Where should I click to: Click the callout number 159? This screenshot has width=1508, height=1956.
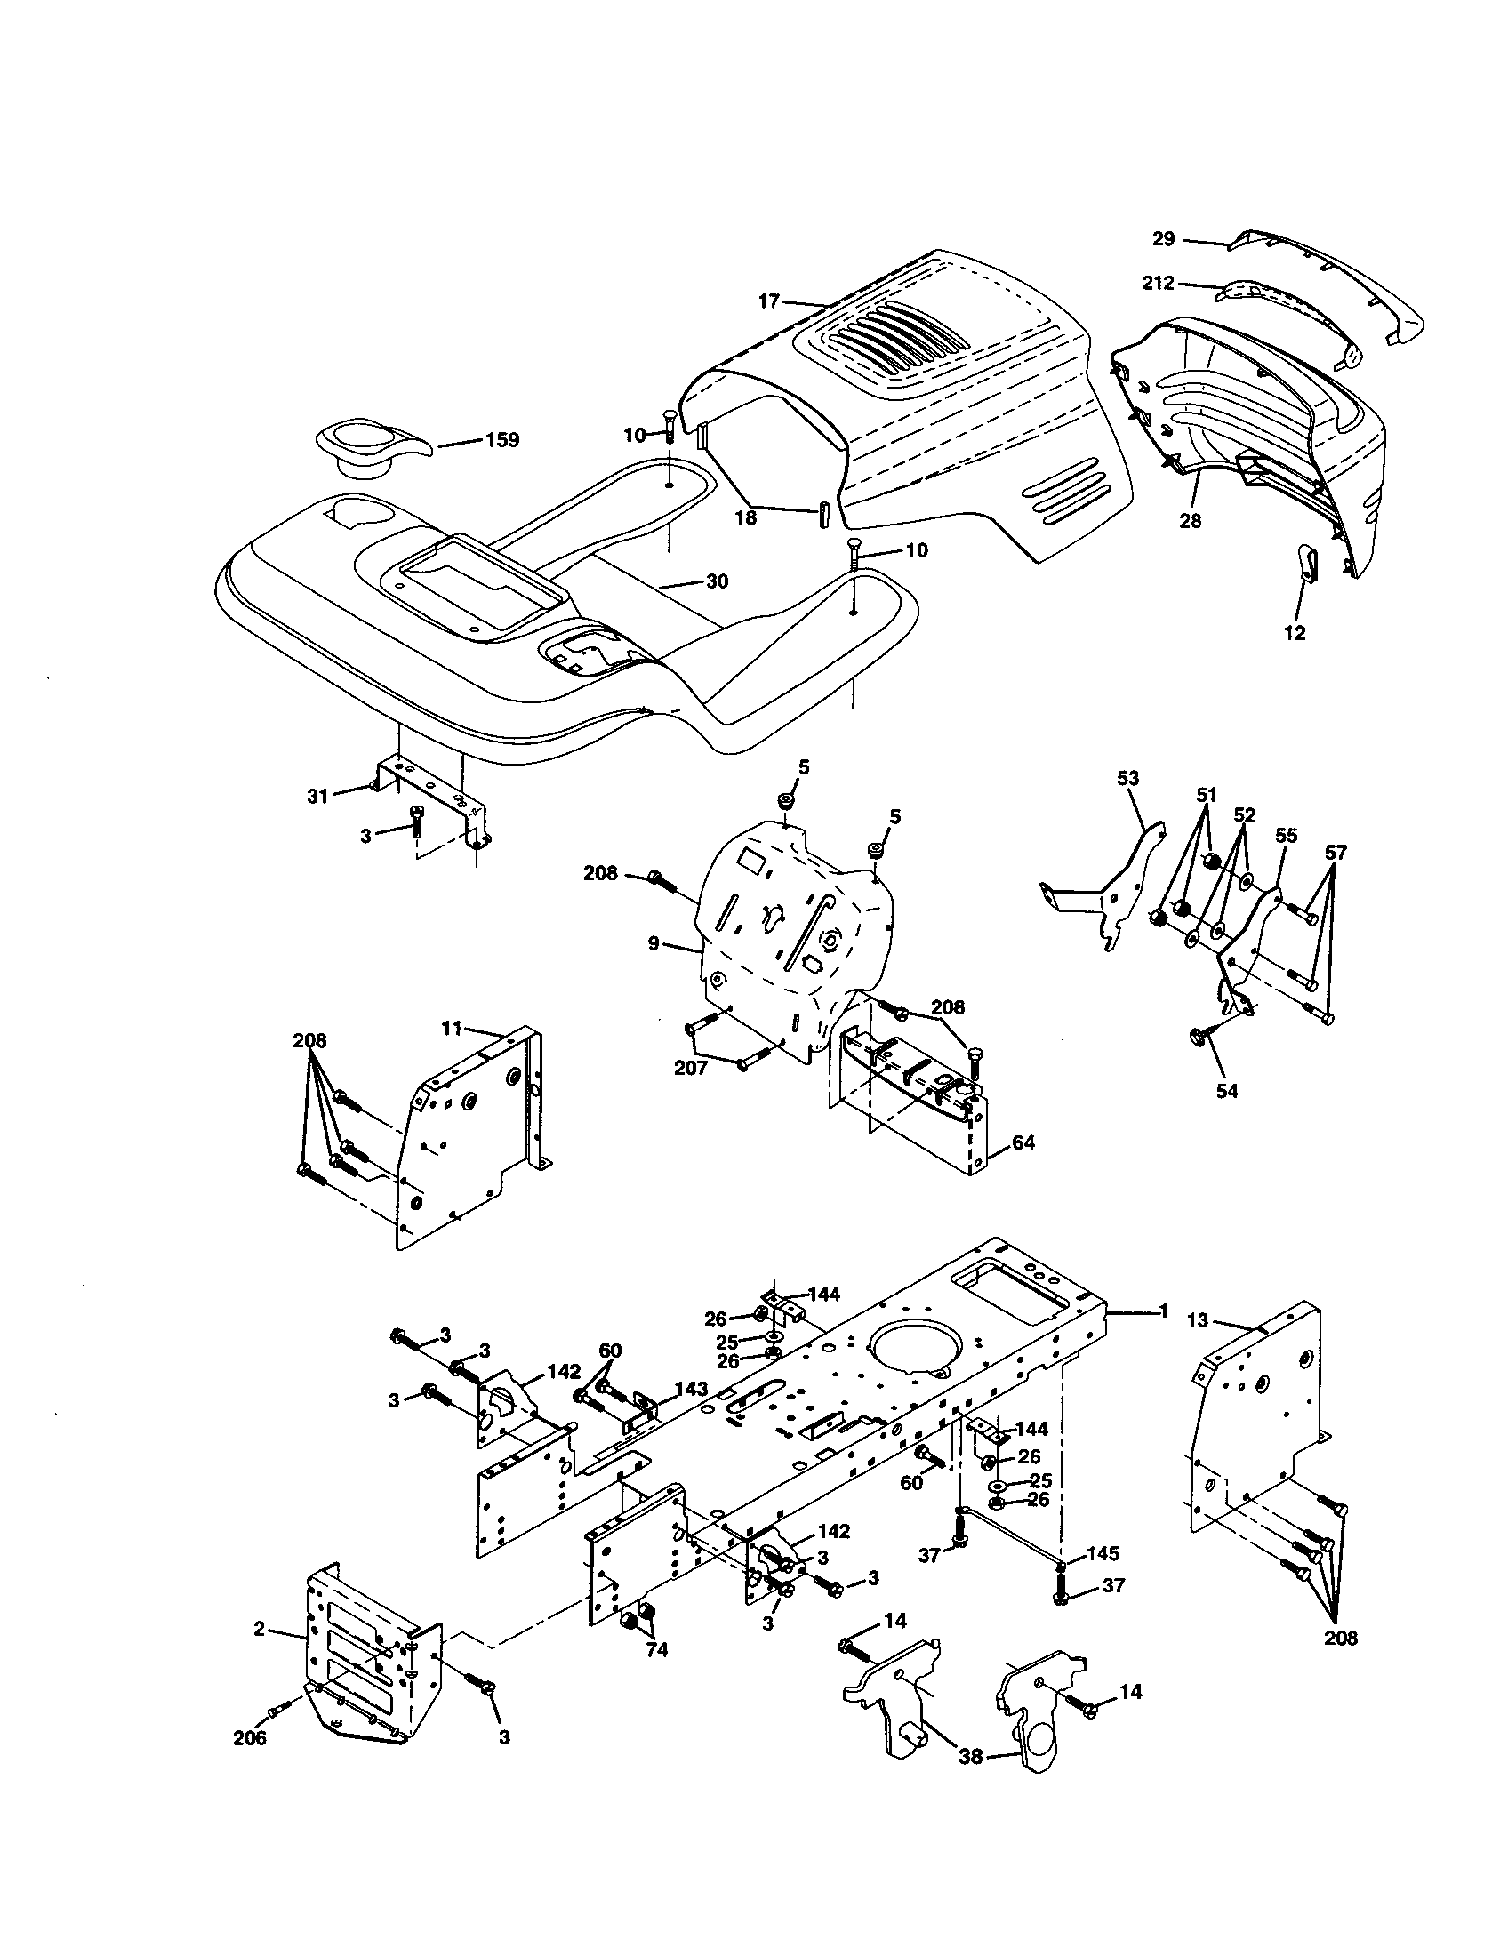pyautogui.click(x=501, y=440)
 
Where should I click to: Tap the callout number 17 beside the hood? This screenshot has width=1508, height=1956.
pyautogui.click(x=769, y=301)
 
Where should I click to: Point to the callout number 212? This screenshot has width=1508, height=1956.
pyautogui.click(x=1158, y=283)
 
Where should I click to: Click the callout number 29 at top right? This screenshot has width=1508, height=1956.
pyautogui.click(x=1163, y=238)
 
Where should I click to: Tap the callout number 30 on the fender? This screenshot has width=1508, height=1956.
pyautogui.click(x=717, y=581)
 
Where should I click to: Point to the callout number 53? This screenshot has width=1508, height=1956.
pyautogui.click(x=1127, y=778)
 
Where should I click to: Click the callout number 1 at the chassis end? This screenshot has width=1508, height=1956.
pyautogui.click(x=1163, y=1311)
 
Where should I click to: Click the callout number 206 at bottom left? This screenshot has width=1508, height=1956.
pyautogui.click(x=249, y=1737)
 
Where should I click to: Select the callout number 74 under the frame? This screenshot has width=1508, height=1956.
pyautogui.click(x=656, y=1649)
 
